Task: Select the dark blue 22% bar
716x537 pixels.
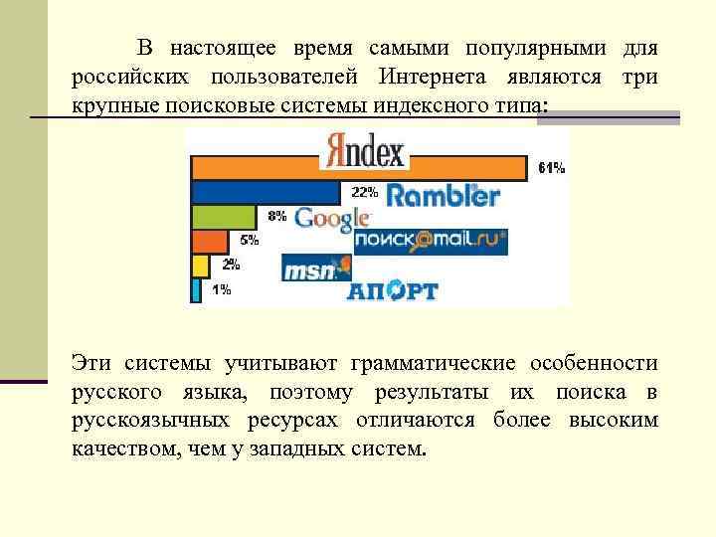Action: pyautogui.click(x=265, y=192)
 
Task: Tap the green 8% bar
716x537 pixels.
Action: pyautogui.click(x=224, y=216)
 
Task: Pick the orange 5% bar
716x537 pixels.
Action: pyautogui.click(x=209, y=241)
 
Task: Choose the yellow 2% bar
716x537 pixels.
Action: pyautogui.click(x=199, y=266)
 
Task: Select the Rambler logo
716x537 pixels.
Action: pyautogui.click(x=443, y=195)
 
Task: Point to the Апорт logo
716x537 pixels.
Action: pyautogui.click(x=392, y=291)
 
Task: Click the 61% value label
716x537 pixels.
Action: pyautogui.click(x=551, y=169)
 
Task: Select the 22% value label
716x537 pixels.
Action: pyautogui.click(x=363, y=191)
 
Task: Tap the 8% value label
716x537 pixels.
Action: pyautogui.click(x=276, y=215)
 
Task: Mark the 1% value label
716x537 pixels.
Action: pyautogui.click(x=221, y=290)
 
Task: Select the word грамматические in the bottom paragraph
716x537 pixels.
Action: pyautogui.click(x=435, y=364)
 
